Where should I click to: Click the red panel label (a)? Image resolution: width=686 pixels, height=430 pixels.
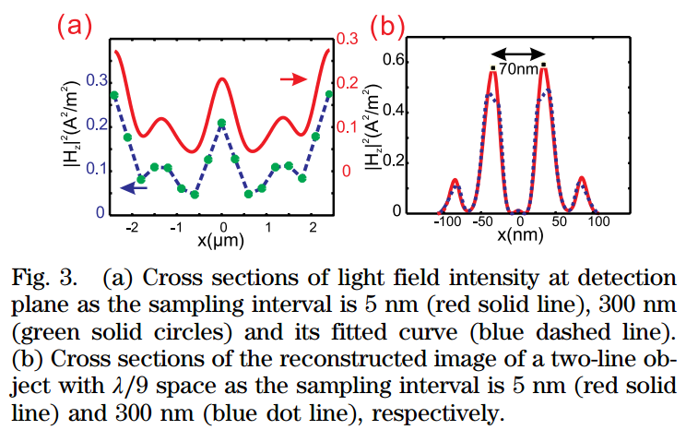pos(74,25)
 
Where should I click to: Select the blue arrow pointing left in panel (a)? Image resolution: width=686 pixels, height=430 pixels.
pos(135,187)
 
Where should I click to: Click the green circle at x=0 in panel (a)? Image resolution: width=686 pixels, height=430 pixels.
pos(221,124)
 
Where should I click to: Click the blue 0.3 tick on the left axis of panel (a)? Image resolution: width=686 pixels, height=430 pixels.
pos(96,81)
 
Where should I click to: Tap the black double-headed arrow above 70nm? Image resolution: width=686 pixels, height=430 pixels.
pos(518,53)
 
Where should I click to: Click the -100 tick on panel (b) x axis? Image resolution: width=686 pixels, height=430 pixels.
pos(447,223)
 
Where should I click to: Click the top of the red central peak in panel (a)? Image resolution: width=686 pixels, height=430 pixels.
pos(221,78)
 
